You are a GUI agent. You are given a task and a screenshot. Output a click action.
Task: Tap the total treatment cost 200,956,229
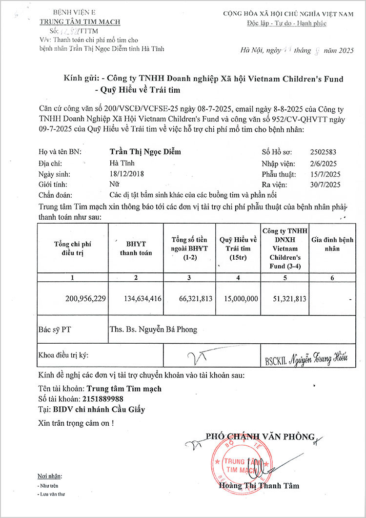click(85, 298)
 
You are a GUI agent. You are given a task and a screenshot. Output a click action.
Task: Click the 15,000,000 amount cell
click(239, 298)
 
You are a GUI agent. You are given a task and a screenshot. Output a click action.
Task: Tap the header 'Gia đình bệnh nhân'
click(332, 244)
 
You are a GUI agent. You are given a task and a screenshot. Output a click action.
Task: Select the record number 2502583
click(323, 152)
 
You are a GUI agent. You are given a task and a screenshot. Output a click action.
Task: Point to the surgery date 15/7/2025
click(325, 174)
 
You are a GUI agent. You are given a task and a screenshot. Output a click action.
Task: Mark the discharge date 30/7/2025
click(325, 185)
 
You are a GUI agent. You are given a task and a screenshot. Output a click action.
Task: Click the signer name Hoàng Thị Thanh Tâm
click(259, 486)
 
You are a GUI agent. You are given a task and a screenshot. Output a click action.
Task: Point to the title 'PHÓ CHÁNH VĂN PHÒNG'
click(260, 437)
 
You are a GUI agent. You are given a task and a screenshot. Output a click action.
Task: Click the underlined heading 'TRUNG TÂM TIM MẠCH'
click(80, 22)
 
